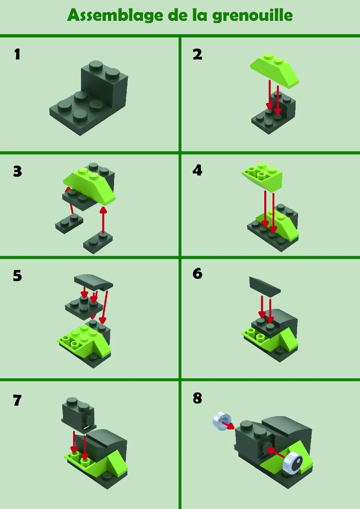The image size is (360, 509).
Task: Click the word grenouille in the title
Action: pyautogui.click(x=252, y=15)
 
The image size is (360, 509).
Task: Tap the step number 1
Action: pyautogui.click(x=17, y=54)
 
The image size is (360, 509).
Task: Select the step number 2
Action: pyautogui.click(x=197, y=55)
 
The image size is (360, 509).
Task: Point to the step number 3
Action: pyautogui.click(x=18, y=171)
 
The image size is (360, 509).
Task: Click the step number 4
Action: pyautogui.click(x=197, y=170)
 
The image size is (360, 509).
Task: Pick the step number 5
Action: pyautogui.click(x=18, y=276)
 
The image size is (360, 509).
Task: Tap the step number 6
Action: pyautogui.click(x=198, y=274)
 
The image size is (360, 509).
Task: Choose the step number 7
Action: pyautogui.click(x=17, y=400)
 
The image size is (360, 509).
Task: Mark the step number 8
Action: pyautogui.click(x=197, y=398)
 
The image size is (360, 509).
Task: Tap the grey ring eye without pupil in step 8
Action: pyautogui.click(x=222, y=421)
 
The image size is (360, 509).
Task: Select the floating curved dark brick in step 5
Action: pyautogui.click(x=93, y=282)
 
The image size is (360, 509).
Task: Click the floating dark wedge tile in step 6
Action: pyautogui.click(x=265, y=286)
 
